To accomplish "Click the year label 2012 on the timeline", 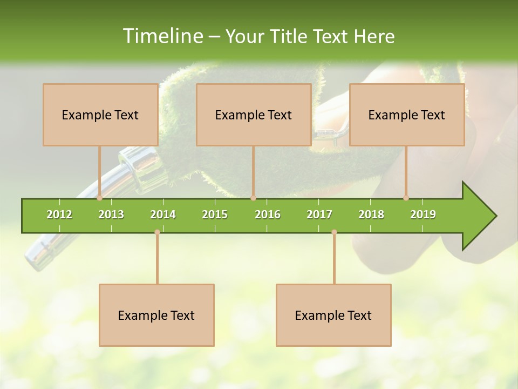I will pos(59,214).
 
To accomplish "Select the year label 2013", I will pos(111,214).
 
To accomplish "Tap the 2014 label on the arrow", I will pos(163,214).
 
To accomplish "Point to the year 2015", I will pos(215,214).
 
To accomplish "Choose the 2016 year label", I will pos(268,214).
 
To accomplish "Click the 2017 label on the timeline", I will pos(319,214).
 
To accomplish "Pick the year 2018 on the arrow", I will pos(371,214).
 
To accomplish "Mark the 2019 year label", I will pos(423,214).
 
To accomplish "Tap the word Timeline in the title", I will pos(161,36).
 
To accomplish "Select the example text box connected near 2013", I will pos(100,115).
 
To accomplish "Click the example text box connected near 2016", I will pos(254,115).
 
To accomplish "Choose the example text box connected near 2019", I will pos(407,115).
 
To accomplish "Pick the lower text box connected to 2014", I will pos(156,315).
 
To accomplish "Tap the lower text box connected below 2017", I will pos(333,315).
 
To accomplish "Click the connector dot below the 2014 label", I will pos(157,232).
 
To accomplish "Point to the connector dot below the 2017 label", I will pos(334,232).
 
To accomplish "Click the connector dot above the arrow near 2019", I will pos(406,198).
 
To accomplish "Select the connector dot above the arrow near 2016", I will pos(253,198).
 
